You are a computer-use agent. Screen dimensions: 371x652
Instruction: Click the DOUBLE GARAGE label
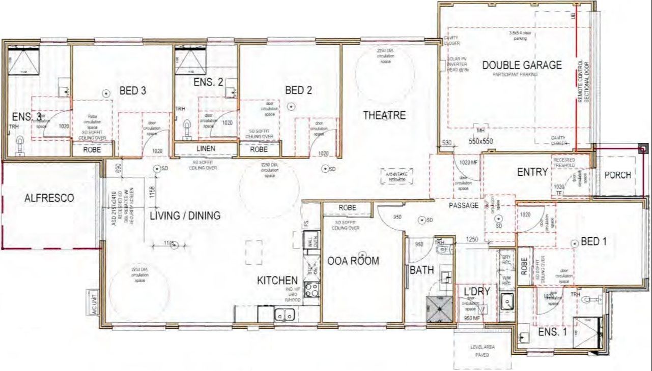(x=522, y=65)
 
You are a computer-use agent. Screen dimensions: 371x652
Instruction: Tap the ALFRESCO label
(x=49, y=198)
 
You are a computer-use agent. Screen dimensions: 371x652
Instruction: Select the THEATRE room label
(x=384, y=115)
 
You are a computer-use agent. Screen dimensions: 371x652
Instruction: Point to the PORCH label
(x=617, y=175)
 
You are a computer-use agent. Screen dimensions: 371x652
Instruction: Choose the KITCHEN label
(x=277, y=281)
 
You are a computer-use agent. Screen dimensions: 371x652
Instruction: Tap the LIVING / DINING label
(x=185, y=216)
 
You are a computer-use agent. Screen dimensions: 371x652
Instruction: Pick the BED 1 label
(x=594, y=242)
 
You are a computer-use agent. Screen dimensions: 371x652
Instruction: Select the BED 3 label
(x=133, y=91)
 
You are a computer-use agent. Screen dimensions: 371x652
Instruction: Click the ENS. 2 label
(x=209, y=82)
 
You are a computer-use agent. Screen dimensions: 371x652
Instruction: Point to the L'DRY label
(x=477, y=291)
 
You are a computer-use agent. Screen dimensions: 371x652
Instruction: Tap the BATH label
(x=422, y=270)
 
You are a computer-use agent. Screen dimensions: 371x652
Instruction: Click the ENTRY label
(x=532, y=172)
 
